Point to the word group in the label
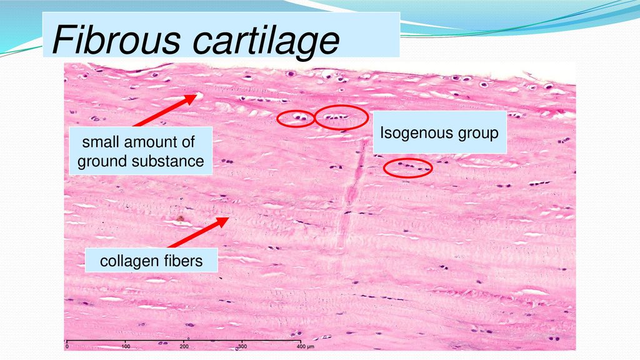pos(478,133)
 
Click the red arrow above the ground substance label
pos(166,111)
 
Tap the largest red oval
pos(341,117)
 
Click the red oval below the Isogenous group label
pos(407,167)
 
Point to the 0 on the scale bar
pos(67,346)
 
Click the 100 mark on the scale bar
pos(126,346)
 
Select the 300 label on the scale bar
pos(242,346)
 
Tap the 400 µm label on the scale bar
pos(304,346)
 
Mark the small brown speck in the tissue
pos(180,219)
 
